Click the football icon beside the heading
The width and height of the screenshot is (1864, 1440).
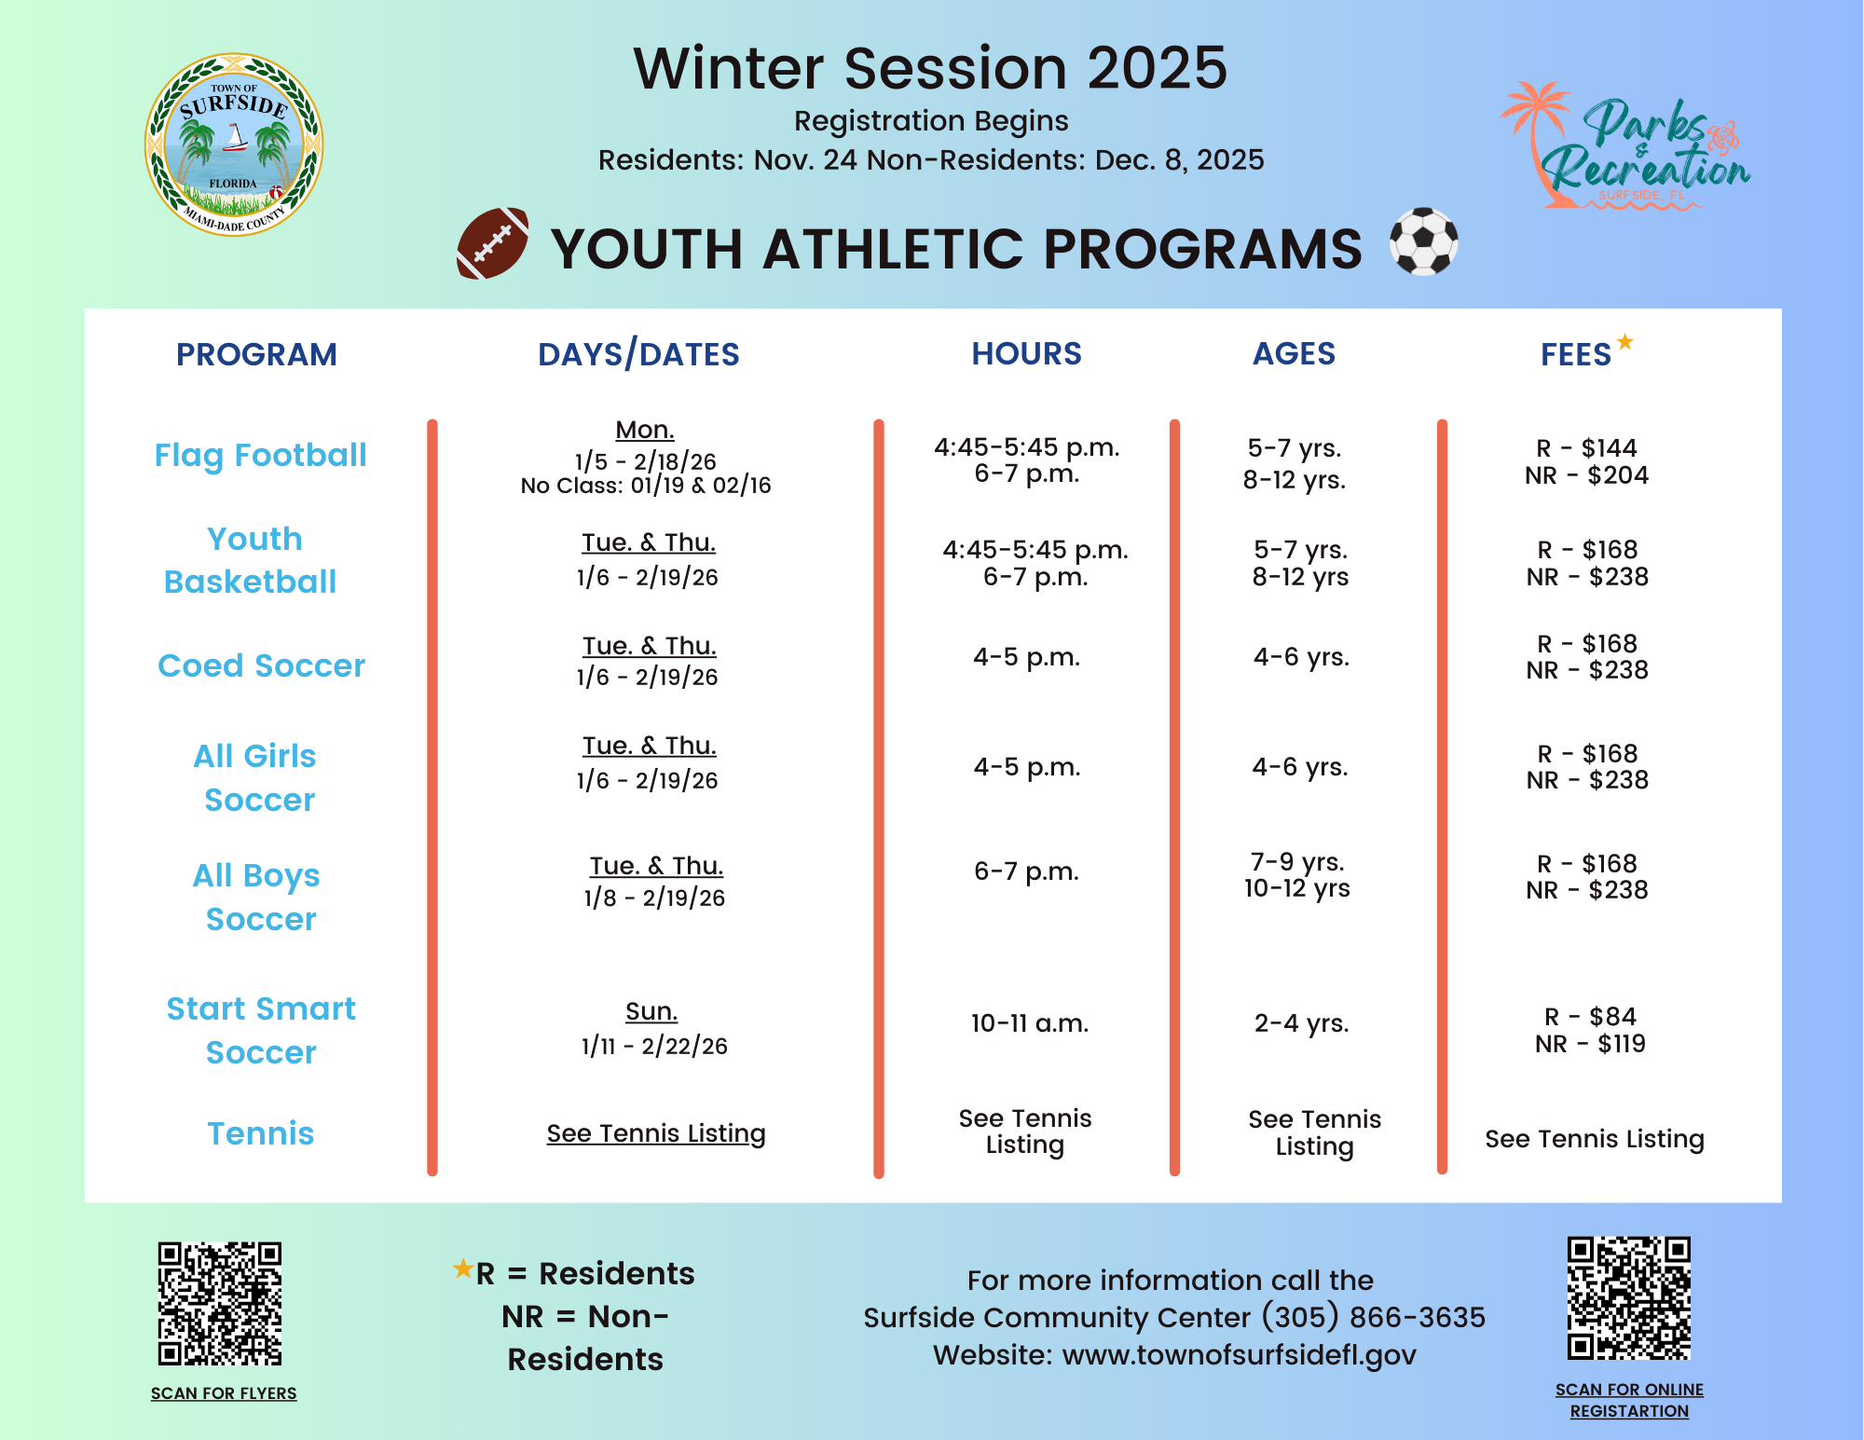click(x=493, y=243)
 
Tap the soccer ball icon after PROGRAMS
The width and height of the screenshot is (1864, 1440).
click(x=1423, y=241)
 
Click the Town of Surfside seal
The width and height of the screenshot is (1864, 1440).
click(x=234, y=144)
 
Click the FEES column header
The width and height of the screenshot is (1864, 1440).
click(x=1576, y=354)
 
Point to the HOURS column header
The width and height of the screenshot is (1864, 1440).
click(x=1026, y=354)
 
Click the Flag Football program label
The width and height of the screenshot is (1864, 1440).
click(x=260, y=455)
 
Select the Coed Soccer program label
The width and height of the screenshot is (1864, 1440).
click(x=261, y=665)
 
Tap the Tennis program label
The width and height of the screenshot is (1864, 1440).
click(x=260, y=1133)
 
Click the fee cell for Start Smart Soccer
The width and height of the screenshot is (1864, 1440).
click(x=1590, y=1030)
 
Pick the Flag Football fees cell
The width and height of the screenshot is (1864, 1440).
click(x=1586, y=461)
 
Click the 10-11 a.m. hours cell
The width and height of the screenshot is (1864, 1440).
click(x=1029, y=1023)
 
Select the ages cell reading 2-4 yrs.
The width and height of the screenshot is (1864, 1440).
click(x=1301, y=1023)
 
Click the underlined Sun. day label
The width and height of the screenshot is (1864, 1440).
click(x=651, y=1011)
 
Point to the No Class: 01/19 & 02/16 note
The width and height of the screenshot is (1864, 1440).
click(x=646, y=486)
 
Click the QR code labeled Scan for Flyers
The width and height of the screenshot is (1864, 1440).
click(x=220, y=1303)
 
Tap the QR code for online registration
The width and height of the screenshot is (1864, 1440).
click(x=1628, y=1298)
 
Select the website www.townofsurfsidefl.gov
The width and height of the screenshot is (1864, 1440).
click(x=1239, y=1354)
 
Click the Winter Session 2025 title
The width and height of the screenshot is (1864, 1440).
click(x=930, y=68)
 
